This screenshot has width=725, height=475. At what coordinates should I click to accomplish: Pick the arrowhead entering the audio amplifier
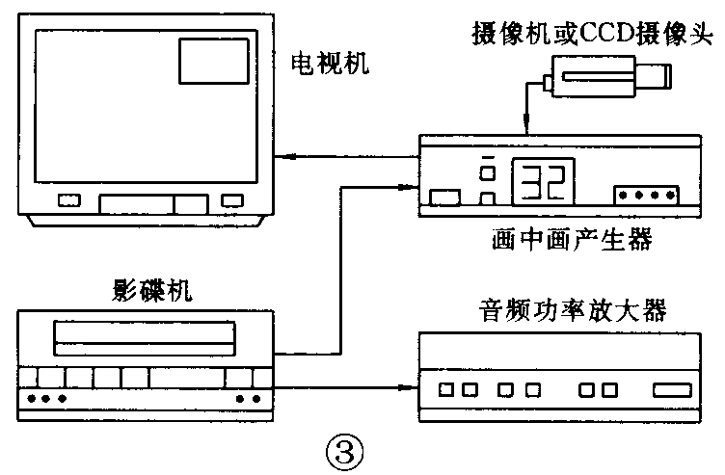coord(411,388)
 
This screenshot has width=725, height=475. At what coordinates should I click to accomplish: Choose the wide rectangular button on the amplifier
coord(671,391)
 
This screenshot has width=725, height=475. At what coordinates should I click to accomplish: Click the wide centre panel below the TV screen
coord(136,202)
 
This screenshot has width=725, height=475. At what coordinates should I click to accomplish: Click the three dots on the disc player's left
coord(47,397)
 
